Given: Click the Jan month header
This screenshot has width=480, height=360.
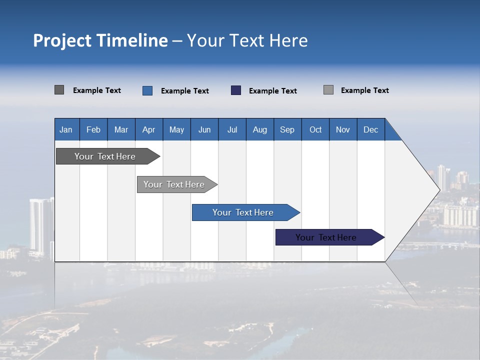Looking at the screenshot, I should pos(66,129).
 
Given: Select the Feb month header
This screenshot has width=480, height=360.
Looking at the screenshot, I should pos(93,129).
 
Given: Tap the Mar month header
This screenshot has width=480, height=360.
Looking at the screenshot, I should pos(121,129).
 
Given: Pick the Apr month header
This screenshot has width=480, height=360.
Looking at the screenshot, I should pos(149,129).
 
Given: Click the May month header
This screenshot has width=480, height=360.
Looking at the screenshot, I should pos(176,129).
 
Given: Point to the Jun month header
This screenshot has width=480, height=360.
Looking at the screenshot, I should pos(204,129).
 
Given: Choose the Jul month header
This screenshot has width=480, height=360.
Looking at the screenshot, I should pos(232,129).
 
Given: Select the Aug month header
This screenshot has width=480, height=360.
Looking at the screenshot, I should pos(260,129).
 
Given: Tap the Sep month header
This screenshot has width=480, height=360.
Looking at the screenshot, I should pos(287,129).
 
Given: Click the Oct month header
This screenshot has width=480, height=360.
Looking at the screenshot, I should pos(315,129).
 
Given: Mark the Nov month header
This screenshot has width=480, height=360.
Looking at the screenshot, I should pos(343,129).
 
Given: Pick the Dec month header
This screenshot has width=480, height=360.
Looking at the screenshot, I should pos(371,129).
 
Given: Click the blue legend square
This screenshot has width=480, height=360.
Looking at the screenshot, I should pos(147,90).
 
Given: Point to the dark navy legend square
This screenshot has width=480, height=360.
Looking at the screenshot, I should pos(236,90).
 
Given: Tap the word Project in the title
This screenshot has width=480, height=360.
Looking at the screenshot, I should pos(62,40).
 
